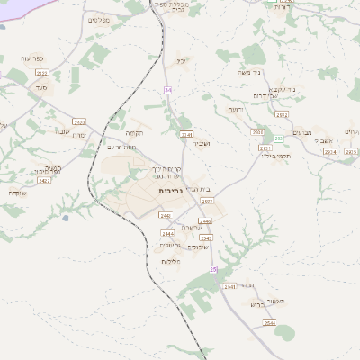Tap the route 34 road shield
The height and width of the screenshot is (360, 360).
167,90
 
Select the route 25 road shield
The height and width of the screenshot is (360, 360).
213,268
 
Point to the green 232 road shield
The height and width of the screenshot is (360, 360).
279,138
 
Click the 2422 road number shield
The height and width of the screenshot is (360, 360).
44,181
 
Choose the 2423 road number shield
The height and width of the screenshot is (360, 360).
79,122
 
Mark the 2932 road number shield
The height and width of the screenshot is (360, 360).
282,115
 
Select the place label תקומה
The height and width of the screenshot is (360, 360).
135,133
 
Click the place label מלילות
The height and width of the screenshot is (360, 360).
171,261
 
